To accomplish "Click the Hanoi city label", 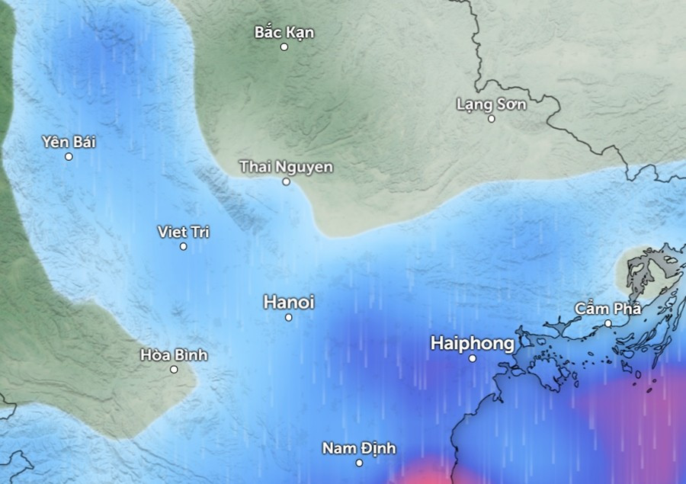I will coord(288,302).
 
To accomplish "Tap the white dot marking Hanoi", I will coord(289,317).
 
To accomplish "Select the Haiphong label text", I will coord(472,344).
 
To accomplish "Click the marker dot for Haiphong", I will coord(473,358).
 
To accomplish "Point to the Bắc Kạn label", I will coord(284,32).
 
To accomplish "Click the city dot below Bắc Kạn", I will coord(284,46).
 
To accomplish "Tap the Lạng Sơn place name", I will coord(491,104).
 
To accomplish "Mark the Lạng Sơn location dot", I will coord(492,118).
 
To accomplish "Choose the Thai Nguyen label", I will coord(286,167).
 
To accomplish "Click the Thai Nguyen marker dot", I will coord(287,181).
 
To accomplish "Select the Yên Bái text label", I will coord(69,142).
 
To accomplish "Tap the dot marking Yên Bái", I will coord(69,156).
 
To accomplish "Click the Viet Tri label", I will coord(183,232).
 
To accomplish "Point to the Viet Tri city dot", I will coord(184,246).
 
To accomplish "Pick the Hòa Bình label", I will coord(174,355).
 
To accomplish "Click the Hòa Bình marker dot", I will coord(174,369).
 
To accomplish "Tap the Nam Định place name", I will coord(359,448).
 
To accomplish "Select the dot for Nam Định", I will coord(360,463).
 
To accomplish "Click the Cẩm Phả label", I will coord(607,309).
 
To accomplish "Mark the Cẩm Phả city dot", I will coord(608,323).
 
